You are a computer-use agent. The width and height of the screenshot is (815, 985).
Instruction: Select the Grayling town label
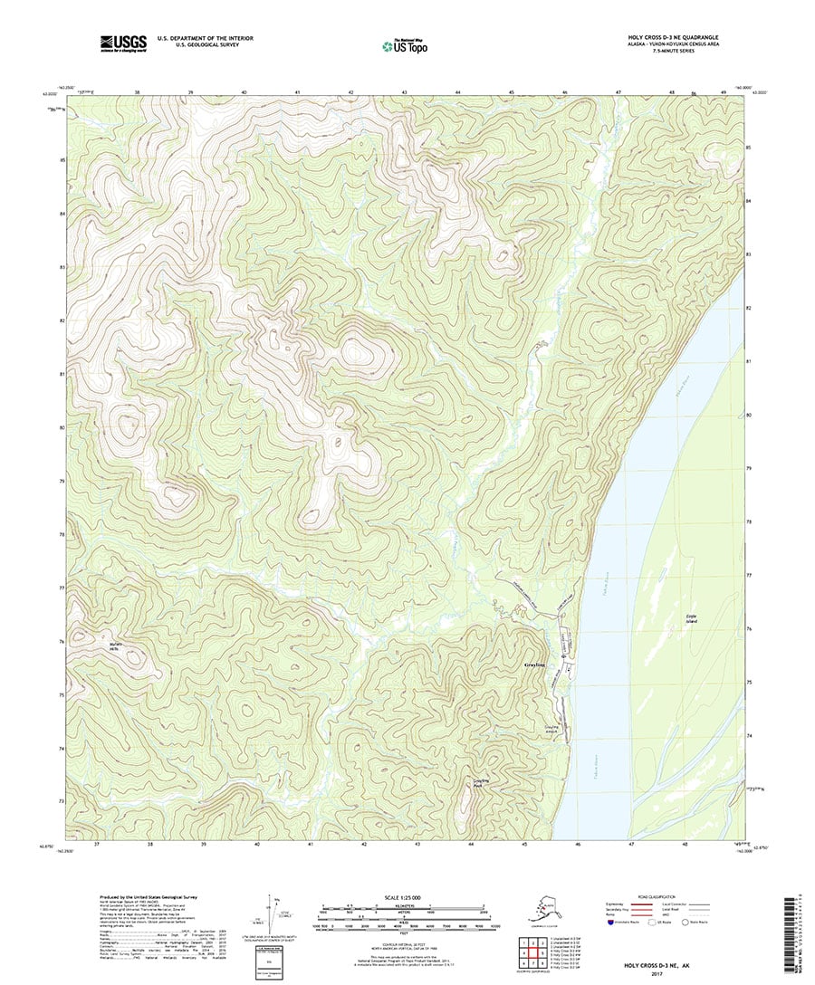point(536,665)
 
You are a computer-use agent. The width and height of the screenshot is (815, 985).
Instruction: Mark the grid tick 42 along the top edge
point(351,92)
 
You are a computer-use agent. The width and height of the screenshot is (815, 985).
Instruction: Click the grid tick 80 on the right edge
point(749,415)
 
